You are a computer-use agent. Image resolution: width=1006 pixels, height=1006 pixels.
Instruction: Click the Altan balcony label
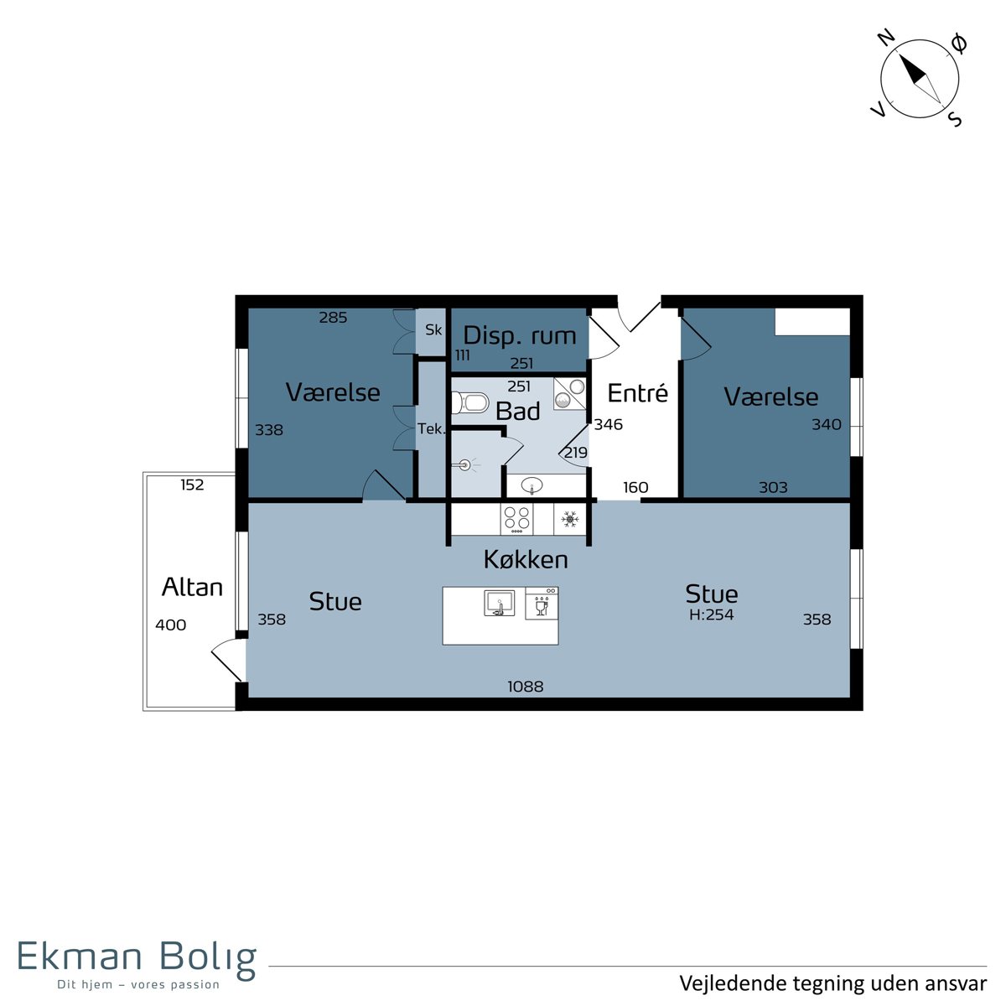(x=192, y=588)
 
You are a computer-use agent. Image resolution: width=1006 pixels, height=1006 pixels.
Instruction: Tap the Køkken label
(x=526, y=559)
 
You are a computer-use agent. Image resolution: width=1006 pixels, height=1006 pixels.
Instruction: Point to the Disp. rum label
(x=520, y=335)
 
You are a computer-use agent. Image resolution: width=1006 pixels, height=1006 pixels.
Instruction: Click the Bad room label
(x=517, y=411)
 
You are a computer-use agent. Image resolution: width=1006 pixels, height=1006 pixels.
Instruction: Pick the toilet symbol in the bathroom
(x=469, y=402)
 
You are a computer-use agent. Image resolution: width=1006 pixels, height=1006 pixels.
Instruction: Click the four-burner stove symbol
(x=516, y=519)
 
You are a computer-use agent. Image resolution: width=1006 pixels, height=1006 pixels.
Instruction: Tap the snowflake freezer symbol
(x=569, y=519)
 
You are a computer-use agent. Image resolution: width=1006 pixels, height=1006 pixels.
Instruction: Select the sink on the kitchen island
(x=499, y=603)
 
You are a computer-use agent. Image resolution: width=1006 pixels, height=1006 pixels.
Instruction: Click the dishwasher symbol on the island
(x=542, y=604)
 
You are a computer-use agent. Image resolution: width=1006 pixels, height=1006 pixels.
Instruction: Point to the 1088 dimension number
(x=525, y=686)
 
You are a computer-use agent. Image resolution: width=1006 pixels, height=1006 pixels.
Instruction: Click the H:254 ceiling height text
(x=711, y=614)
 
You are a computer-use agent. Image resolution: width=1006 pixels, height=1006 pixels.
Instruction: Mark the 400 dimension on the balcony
(x=171, y=625)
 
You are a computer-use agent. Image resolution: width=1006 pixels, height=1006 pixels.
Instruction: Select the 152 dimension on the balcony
(x=192, y=485)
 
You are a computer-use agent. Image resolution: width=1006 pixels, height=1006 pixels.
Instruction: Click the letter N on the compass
(x=887, y=39)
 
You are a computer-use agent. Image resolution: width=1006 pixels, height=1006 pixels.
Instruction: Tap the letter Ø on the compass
(x=959, y=44)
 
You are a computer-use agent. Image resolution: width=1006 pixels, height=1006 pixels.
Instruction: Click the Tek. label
(x=431, y=428)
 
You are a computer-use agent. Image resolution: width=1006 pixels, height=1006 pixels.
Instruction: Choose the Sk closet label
(x=433, y=329)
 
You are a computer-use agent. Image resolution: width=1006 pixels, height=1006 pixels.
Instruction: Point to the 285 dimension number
(x=333, y=317)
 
